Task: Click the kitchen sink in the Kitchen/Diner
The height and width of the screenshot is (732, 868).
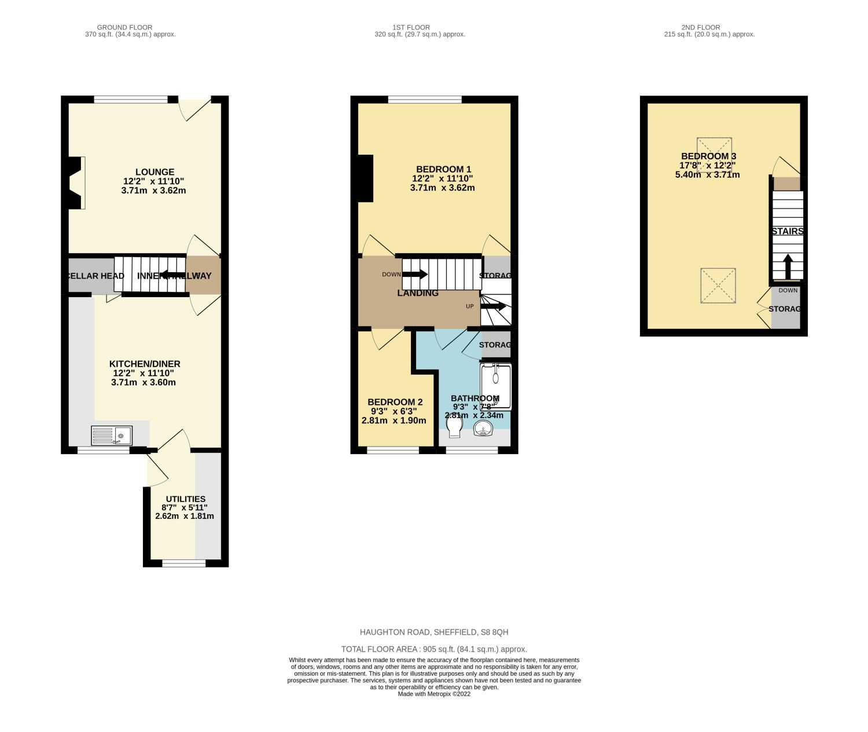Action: click(x=112, y=435)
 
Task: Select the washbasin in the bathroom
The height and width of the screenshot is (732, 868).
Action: click(x=483, y=429)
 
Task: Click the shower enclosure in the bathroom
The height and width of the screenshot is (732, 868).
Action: click(x=496, y=386)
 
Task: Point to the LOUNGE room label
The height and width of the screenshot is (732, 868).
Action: click(x=155, y=172)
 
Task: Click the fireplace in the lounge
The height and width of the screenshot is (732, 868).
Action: click(x=76, y=182)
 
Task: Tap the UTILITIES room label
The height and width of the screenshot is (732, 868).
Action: click(x=185, y=499)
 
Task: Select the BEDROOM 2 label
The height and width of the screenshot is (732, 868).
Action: click(x=395, y=402)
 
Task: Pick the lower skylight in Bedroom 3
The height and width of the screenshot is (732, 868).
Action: click(x=718, y=286)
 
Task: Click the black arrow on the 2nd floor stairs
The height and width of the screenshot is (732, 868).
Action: click(x=788, y=266)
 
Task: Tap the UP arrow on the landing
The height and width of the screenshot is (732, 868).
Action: click(x=493, y=306)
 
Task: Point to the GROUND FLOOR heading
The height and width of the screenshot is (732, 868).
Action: click(x=124, y=27)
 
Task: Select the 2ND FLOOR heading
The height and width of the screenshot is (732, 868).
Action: click(x=700, y=27)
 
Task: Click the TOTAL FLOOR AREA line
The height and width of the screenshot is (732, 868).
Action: click(x=434, y=649)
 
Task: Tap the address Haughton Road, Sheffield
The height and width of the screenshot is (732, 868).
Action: click(x=434, y=632)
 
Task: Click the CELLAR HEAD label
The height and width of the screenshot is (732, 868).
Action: click(x=95, y=276)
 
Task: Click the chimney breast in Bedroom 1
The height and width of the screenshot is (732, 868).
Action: click(x=365, y=178)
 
